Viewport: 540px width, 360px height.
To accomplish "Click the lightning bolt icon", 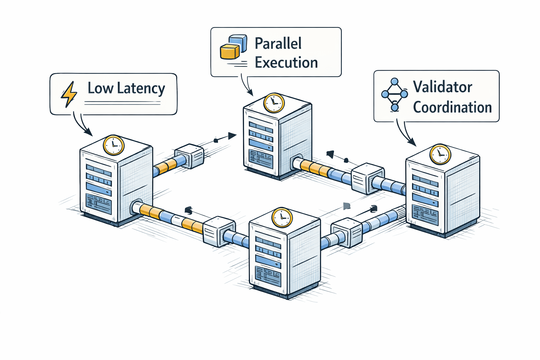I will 69,94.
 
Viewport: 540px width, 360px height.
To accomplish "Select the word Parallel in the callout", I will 278,44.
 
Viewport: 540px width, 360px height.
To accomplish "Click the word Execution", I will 286,63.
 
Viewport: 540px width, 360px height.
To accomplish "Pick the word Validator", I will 442,87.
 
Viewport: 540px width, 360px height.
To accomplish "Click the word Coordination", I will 452,107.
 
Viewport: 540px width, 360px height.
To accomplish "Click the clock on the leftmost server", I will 114,145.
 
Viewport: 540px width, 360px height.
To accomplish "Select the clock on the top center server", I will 274,103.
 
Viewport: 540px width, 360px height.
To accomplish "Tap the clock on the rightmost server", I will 440,154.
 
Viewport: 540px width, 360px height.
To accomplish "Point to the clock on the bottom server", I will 282,218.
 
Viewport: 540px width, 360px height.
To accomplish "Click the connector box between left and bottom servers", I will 219,231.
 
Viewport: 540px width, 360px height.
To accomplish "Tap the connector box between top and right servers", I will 367,178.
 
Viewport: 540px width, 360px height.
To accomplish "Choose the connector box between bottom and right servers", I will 347,232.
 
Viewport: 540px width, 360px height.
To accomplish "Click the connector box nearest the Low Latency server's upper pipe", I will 189,156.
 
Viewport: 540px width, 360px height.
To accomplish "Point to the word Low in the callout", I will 101,88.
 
